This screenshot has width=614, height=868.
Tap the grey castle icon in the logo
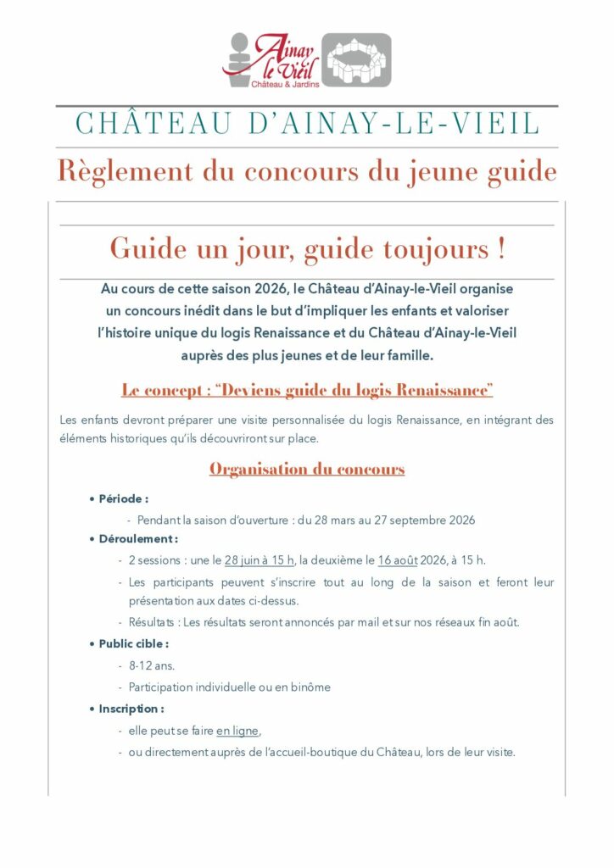click(x=357, y=60)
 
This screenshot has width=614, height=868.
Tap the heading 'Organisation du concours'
click(x=307, y=469)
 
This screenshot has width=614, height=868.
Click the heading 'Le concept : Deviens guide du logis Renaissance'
click(x=307, y=391)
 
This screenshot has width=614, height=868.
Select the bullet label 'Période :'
click(x=123, y=499)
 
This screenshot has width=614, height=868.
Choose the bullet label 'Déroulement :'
click(x=138, y=539)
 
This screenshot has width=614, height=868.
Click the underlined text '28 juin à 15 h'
click(x=260, y=560)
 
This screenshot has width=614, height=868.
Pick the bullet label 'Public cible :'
click(x=133, y=644)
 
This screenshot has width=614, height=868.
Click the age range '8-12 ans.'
click(x=152, y=665)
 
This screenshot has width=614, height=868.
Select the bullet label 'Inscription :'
click(x=131, y=709)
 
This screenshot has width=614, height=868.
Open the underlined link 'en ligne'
click(x=237, y=731)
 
